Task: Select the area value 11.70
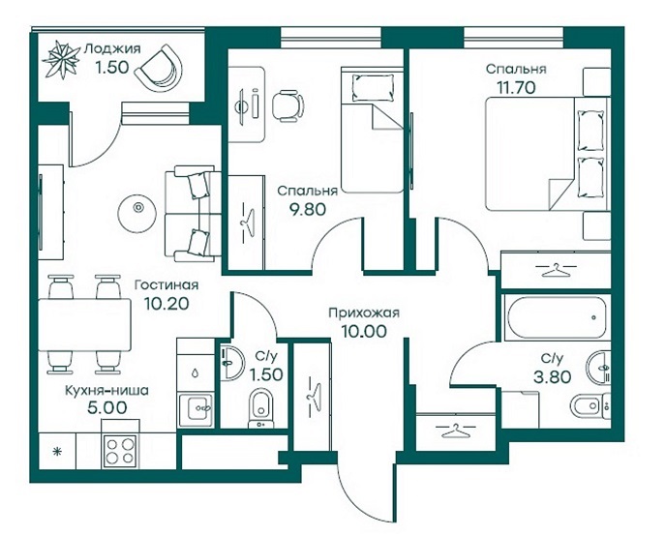pos(516,88)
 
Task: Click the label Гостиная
pos(166,284)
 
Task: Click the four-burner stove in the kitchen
pos(120,451)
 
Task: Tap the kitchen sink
pos(196,409)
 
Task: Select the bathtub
pos(556,316)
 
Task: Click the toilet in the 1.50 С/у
pos(260,408)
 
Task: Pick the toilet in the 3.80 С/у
pos(589,406)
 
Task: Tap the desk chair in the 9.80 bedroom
pos(287,105)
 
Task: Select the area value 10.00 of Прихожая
pos(364,331)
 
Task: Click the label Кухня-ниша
pos(106,391)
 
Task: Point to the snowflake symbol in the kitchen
pos(57,452)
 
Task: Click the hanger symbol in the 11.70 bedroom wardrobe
pos(555,269)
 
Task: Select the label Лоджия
pos(112,49)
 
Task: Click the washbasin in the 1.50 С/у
pos(231,363)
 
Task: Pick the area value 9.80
pos(308,209)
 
